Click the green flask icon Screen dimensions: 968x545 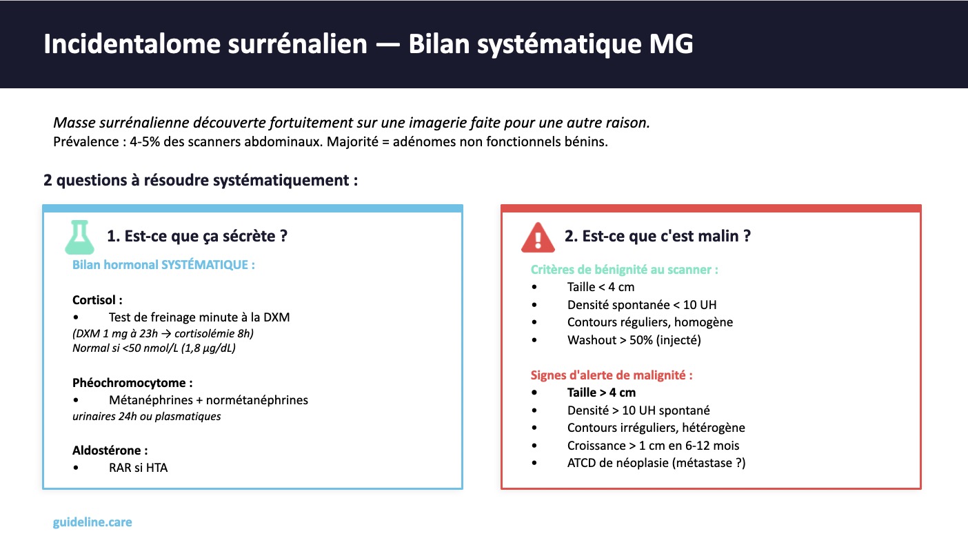pos(79,237)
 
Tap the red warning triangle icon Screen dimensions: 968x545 pos(538,237)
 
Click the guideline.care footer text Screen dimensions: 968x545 pos(92,522)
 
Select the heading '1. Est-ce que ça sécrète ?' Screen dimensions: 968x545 pos(197,236)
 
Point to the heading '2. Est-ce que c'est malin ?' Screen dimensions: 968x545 pos(658,236)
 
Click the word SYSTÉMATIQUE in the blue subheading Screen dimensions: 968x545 pos(205,265)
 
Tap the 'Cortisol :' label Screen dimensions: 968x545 pos(97,299)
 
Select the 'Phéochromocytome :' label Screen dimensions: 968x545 pos(132,383)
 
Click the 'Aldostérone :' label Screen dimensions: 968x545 pos(110,450)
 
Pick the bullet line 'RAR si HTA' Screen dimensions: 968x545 pos(139,468)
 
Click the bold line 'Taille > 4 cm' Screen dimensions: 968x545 pos(601,393)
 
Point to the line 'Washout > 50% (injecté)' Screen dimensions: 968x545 pos(634,340)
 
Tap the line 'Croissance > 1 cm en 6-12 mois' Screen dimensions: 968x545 pos(653,446)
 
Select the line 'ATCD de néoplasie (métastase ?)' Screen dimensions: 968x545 pos(656,463)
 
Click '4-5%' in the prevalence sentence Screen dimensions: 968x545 pos(145,142)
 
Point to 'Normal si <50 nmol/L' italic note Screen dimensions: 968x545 pos(125,348)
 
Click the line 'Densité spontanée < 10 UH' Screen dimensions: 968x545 pos(642,305)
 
